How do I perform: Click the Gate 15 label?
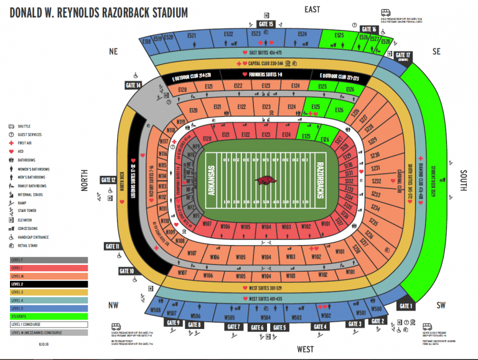[x=266, y=24]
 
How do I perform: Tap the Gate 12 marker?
[x=108, y=180]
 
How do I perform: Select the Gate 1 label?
[x=406, y=306]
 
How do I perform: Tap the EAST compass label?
[x=312, y=9]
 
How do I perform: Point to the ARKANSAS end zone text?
[x=211, y=180]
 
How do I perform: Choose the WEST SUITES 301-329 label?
[x=265, y=288]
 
